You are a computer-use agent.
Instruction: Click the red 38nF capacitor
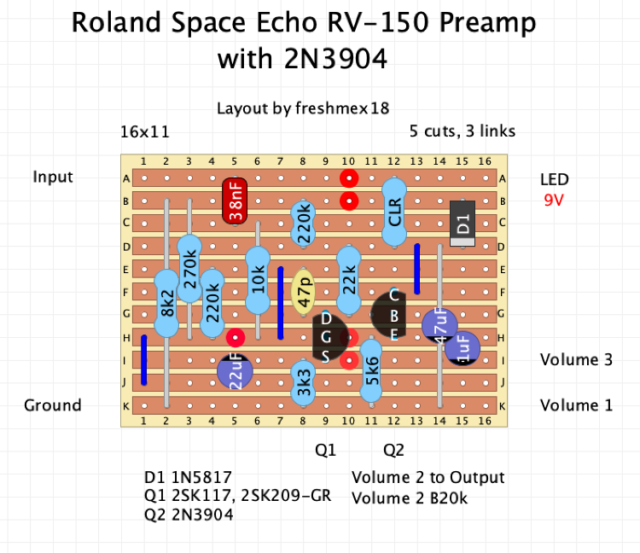(235, 201)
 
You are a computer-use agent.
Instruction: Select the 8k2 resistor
(166, 302)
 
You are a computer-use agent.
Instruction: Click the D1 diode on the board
(462, 224)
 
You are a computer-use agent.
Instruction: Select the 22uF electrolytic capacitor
(235, 371)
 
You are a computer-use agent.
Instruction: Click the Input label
(53, 178)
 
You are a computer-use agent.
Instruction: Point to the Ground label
(53, 405)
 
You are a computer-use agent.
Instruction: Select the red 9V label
(555, 201)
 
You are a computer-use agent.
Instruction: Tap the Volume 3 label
(576, 360)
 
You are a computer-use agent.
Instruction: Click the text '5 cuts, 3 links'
(462, 131)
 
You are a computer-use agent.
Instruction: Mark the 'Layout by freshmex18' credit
(303, 108)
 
